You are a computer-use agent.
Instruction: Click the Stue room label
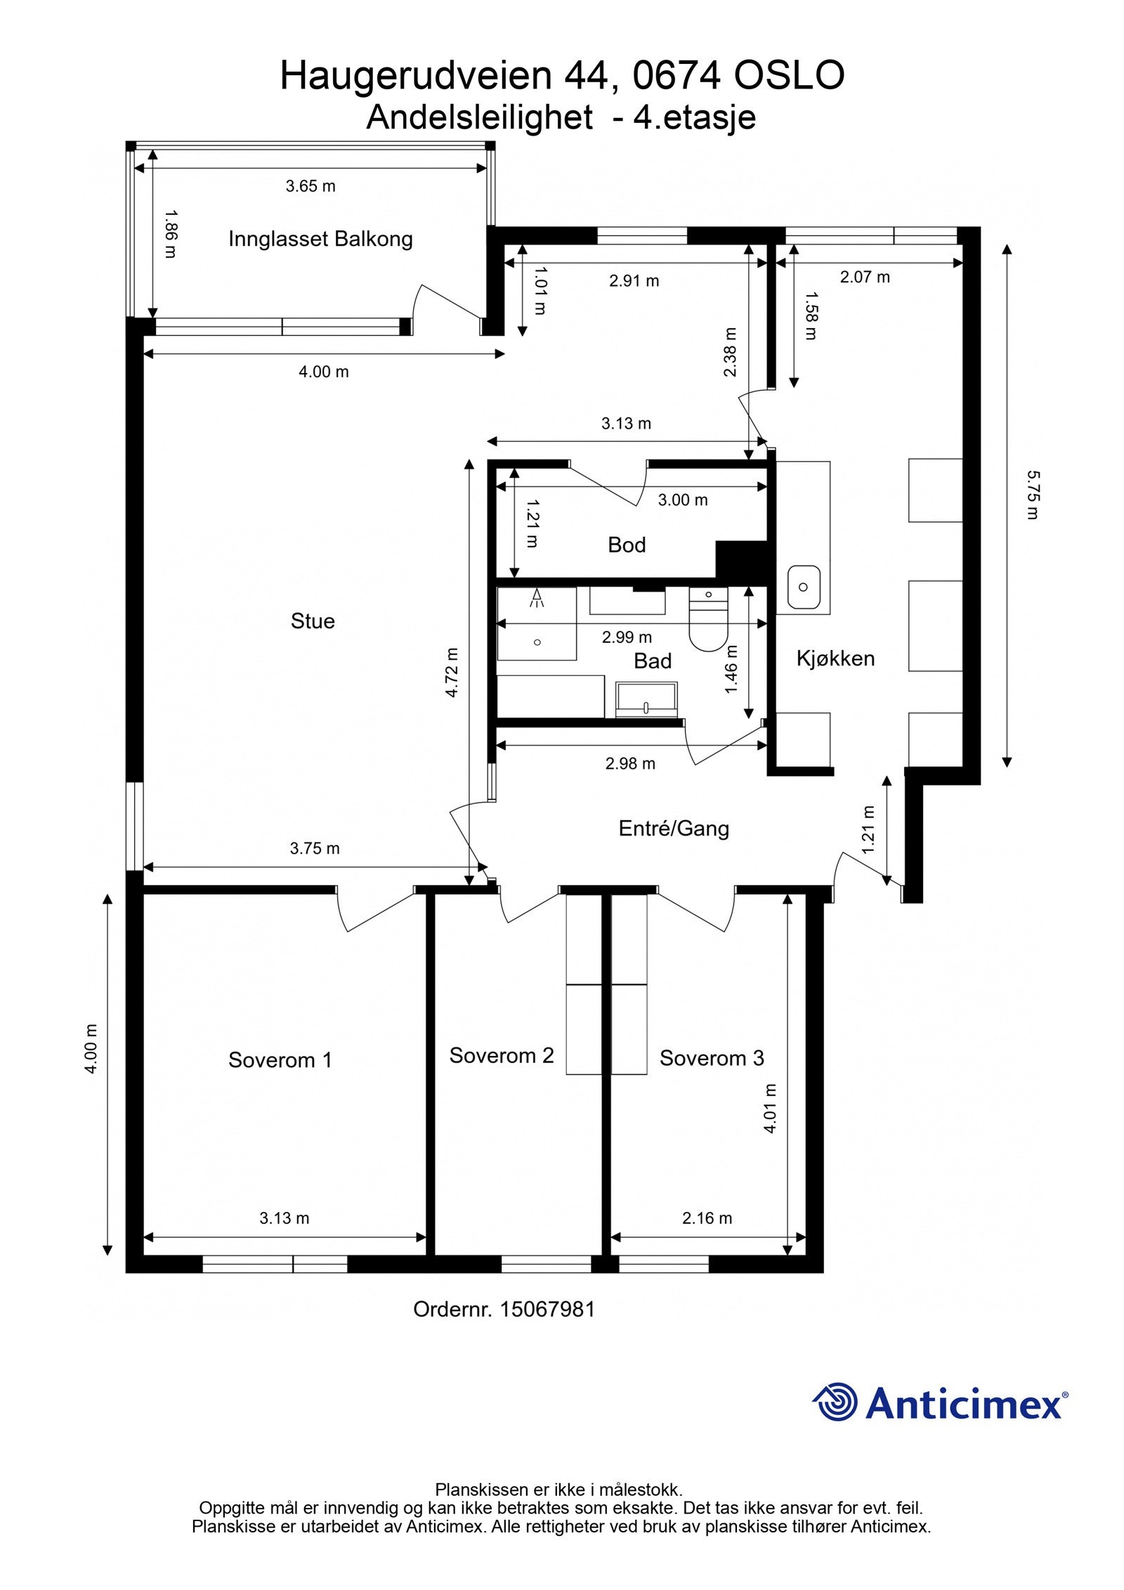pyautogui.click(x=313, y=620)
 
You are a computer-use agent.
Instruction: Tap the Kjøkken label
pyautogui.click(x=835, y=658)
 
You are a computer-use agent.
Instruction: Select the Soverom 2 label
pyautogui.click(x=502, y=1055)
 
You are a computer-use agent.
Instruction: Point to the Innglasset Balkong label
pyautogui.click(x=320, y=239)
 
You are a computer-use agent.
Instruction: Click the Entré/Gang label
pyautogui.click(x=674, y=828)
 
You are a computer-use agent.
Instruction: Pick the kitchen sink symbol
pyautogui.click(x=804, y=587)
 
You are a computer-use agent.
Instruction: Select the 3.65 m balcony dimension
pyautogui.click(x=311, y=186)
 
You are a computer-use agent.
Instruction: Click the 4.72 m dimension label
pyautogui.click(x=452, y=672)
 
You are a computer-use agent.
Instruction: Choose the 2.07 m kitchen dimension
pyautogui.click(x=865, y=277)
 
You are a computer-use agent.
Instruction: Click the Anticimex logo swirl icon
pyautogui.click(x=835, y=1402)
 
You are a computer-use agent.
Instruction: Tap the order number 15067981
pyautogui.click(x=547, y=1309)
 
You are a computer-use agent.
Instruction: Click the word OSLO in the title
pyautogui.click(x=789, y=75)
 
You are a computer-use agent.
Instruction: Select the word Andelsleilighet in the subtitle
pyautogui.click(x=479, y=117)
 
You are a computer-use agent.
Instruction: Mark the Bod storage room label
pyautogui.click(x=627, y=545)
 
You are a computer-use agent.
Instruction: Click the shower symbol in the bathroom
pyautogui.click(x=537, y=598)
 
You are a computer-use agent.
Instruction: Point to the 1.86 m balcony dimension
pyautogui.click(x=170, y=233)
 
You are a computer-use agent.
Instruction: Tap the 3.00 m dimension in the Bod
pyautogui.click(x=683, y=500)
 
